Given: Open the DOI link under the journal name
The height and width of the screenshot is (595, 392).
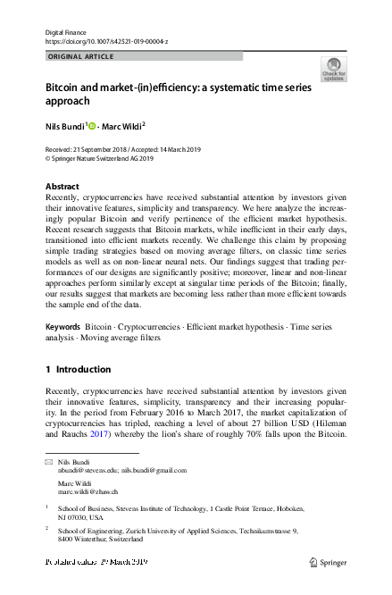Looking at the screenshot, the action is pyautogui.click(x=105, y=42).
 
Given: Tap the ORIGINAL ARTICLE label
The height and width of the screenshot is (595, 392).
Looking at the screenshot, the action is pyautogui.click(x=79, y=56).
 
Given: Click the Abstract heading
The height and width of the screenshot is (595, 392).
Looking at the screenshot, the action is pyautogui.click(x=62, y=187).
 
